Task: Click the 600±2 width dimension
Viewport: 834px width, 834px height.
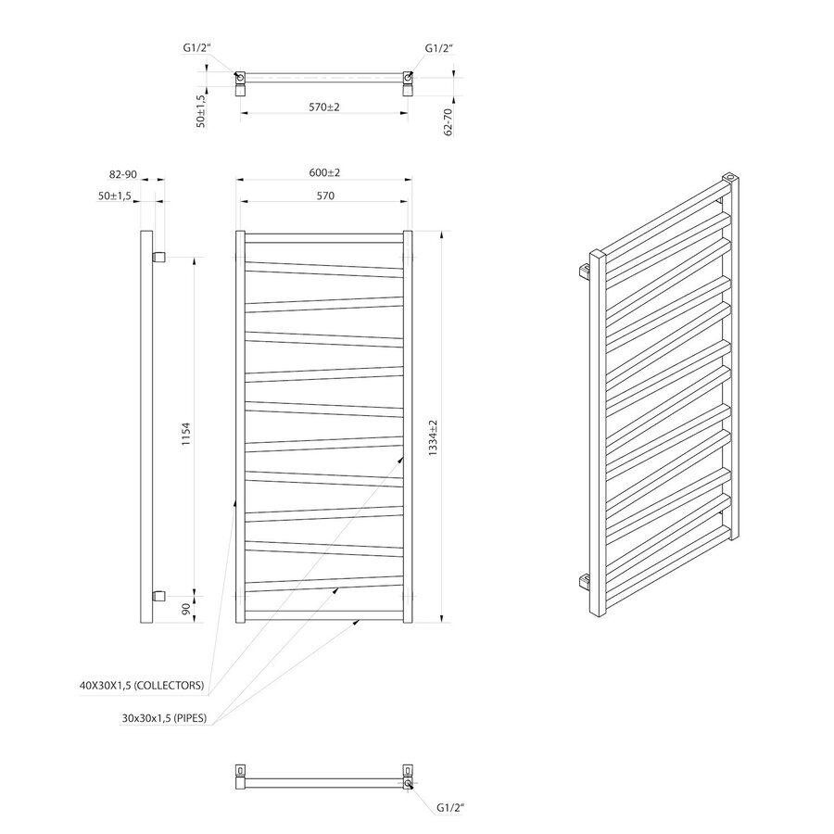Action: pyautogui.click(x=324, y=172)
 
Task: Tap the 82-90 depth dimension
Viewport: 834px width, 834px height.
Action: pyautogui.click(x=122, y=173)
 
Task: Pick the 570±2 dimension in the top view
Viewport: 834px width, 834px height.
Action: pyautogui.click(x=324, y=107)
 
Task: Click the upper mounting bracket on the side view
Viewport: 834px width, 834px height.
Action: pyautogui.click(x=158, y=256)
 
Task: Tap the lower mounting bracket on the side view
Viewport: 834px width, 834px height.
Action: pyautogui.click(x=158, y=593)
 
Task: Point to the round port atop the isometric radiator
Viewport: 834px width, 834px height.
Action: pyautogui.click(x=731, y=176)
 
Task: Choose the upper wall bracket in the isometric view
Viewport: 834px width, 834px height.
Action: pyautogui.click(x=583, y=271)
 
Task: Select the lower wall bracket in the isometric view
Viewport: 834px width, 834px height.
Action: pyautogui.click(x=583, y=582)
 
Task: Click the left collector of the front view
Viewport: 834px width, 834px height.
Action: pyautogui.click(x=240, y=426)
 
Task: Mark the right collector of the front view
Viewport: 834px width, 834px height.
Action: pyautogui.click(x=407, y=426)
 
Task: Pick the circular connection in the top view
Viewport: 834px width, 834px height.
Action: pyautogui.click(x=240, y=78)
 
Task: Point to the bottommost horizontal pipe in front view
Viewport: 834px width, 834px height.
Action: pyautogui.click(x=324, y=614)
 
